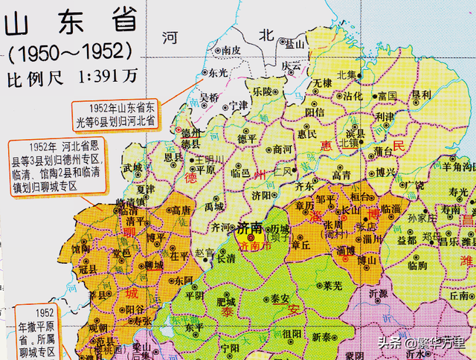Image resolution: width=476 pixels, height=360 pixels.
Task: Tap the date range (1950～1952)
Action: coord(71,54)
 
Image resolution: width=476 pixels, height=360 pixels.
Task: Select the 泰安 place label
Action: coord(282,298)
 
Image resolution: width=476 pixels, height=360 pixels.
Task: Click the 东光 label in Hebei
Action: coord(217,72)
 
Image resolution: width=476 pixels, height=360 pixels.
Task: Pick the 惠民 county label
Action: coord(307,134)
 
